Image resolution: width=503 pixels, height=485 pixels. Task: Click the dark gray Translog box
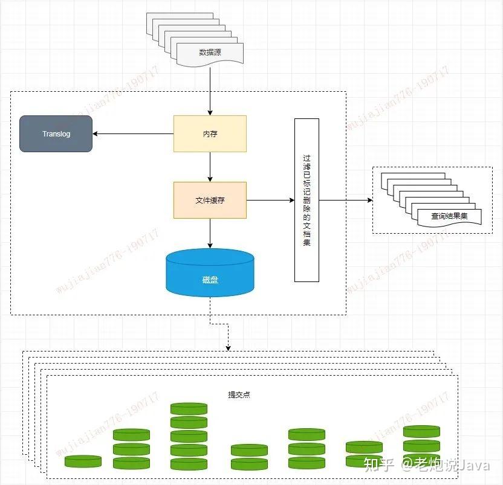pyautogui.click(x=56, y=133)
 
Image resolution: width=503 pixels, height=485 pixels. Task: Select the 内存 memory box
pyautogui.click(x=210, y=133)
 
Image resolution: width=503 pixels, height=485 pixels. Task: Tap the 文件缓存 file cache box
pyautogui.click(x=210, y=200)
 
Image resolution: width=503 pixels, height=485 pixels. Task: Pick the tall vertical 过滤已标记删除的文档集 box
pyautogui.click(x=307, y=200)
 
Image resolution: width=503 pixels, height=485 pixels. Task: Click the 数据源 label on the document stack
pyautogui.click(x=210, y=53)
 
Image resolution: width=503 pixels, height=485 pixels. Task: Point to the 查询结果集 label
pyautogui.click(x=449, y=216)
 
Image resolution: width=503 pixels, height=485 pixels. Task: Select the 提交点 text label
pyautogui.click(x=239, y=394)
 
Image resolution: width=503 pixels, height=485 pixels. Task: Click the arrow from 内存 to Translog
pyautogui.click(x=133, y=133)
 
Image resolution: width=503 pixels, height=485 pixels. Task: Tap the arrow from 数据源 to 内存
pyautogui.click(x=210, y=91)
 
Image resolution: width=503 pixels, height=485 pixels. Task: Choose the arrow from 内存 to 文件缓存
pyautogui.click(x=210, y=167)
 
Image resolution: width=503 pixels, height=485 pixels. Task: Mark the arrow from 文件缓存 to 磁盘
pyautogui.click(x=210, y=233)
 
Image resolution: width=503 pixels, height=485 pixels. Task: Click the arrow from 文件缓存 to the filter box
pyautogui.click(x=270, y=200)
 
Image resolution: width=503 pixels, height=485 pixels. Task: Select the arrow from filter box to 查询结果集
pyautogui.click(x=345, y=200)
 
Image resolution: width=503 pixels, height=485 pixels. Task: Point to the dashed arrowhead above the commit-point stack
pyautogui.click(x=229, y=347)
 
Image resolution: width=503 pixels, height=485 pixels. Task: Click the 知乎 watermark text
pyautogui.click(x=378, y=464)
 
